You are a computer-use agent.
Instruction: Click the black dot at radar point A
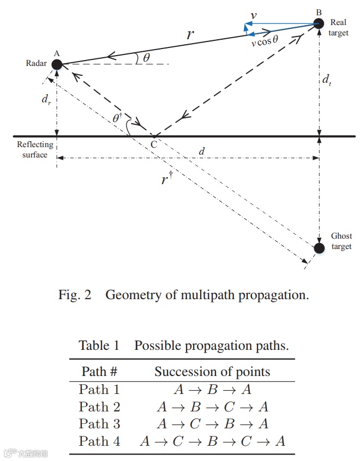click(57, 64)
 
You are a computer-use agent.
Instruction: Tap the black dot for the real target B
click(319, 23)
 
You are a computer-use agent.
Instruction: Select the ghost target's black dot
click(319, 248)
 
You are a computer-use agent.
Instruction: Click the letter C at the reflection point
click(154, 144)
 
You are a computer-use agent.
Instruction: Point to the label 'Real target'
click(338, 28)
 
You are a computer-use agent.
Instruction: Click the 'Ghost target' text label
click(341, 241)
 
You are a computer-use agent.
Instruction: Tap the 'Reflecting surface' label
click(35, 149)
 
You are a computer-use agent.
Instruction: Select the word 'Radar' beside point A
click(35, 64)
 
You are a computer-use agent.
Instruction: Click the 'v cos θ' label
click(265, 43)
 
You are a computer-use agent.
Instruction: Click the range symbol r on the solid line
click(189, 34)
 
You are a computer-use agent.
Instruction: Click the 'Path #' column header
click(99, 372)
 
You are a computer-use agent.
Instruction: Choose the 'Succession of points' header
click(212, 372)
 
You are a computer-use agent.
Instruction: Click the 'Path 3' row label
click(99, 424)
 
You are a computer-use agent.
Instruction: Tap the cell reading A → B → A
click(212, 390)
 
